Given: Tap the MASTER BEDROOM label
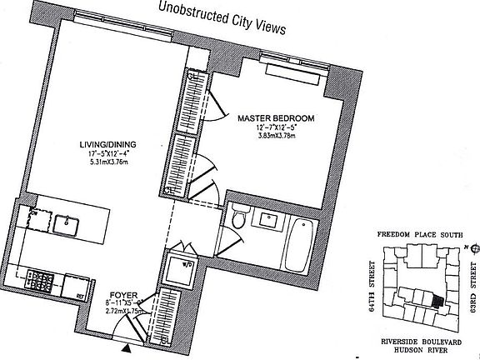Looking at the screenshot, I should pos(275,119).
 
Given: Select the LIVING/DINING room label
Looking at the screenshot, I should pos(102,144).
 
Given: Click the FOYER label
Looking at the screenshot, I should pos(123,294).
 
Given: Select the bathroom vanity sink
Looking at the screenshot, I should pos(271,219).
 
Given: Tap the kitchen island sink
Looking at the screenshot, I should pos(66,224).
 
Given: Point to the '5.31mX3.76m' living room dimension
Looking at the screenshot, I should pos(102,163).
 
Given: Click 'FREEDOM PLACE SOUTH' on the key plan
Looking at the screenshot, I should pos(420,236).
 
